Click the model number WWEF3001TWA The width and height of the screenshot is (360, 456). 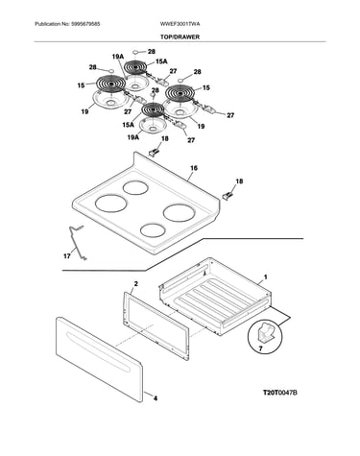pos(180,24)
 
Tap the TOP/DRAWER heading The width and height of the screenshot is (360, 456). pos(180,37)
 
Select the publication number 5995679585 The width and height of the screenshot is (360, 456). pos(85,24)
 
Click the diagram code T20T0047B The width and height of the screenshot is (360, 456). pos(280,393)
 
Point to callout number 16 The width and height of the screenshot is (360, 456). pos(194,168)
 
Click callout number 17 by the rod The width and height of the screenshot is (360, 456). pos(66,256)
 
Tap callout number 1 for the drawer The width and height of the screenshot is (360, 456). pos(265,277)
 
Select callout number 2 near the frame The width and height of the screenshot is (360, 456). pos(135,284)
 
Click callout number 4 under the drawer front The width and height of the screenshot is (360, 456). pos(156,398)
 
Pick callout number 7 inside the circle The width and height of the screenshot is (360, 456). pos(260,348)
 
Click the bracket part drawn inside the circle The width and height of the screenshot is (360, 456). pos(266,333)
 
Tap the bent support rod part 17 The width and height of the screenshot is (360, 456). pos(76,242)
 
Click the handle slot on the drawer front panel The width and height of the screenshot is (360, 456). pos(97,351)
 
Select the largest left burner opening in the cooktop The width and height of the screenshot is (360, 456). pos(111,204)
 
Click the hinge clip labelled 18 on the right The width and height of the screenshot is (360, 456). pos(228,196)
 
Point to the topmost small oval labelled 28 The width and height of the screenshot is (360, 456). pos(135,51)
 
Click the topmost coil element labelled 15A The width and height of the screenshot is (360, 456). pos(134,67)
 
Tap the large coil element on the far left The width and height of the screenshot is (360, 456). pos(110,84)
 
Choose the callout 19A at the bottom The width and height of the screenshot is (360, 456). pos(132,137)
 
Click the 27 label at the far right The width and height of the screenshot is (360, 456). pos(230,115)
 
